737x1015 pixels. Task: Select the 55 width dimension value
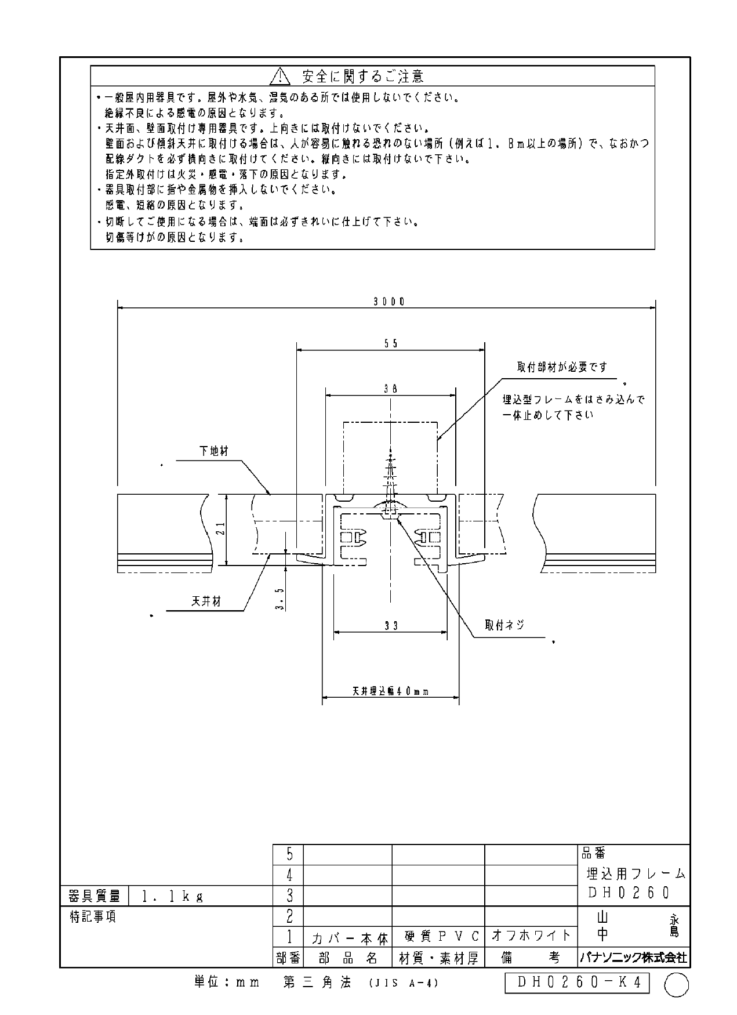pos(391,343)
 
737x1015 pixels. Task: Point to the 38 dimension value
pos(391,390)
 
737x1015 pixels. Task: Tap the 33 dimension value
pos(391,626)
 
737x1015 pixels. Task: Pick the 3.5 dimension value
pos(280,599)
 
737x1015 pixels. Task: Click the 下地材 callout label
pos(214,451)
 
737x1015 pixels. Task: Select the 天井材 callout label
pos(206,601)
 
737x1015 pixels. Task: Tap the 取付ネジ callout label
pos(504,625)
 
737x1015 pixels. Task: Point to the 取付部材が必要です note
pos(562,367)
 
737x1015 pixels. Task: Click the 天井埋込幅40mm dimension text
pos(390,691)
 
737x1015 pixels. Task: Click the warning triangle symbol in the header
pos(279,75)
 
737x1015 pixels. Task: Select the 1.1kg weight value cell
pos(201,896)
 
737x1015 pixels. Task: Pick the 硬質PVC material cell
pos(438,936)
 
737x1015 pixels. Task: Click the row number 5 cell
pos(289,854)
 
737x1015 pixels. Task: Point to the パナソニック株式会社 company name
pos(633,958)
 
